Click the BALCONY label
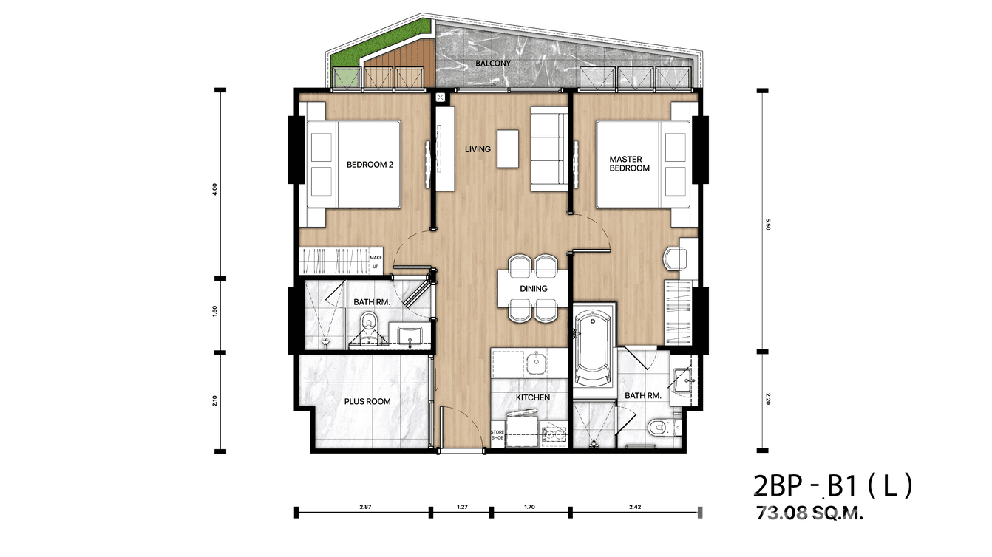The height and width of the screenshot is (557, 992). [x=493, y=64]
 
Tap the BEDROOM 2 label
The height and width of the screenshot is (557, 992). [x=370, y=165]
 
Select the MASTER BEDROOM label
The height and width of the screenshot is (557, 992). [x=629, y=164]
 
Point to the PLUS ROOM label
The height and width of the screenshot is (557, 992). [x=367, y=402]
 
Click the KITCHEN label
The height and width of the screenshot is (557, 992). [x=532, y=397]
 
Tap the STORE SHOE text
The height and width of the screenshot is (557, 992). [x=497, y=435]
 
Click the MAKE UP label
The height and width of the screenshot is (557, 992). [x=375, y=262]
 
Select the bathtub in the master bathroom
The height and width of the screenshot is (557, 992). [x=593, y=348]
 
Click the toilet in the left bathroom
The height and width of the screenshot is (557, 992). [x=367, y=326]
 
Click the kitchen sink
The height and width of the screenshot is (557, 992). [x=537, y=363]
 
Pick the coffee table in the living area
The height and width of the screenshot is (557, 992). [x=508, y=148]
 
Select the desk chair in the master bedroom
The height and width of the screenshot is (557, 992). [x=674, y=259]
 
